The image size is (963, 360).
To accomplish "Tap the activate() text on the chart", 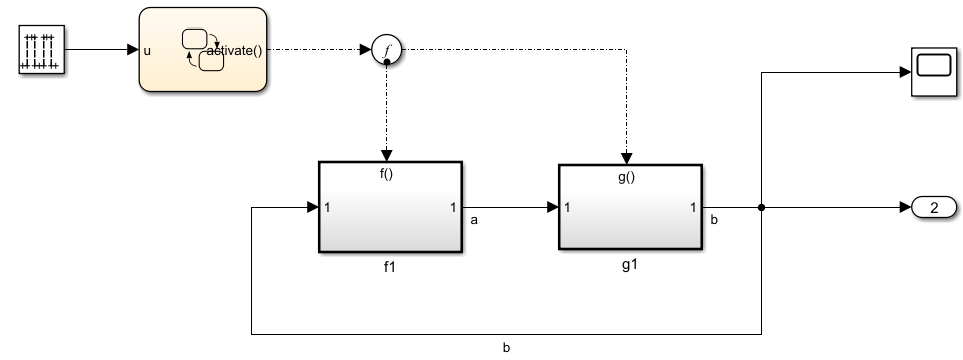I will pos(236,51).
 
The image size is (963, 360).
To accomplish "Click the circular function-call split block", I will pos(386,50).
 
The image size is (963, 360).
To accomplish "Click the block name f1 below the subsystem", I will pos(389,268).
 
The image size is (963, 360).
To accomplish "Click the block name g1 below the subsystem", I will pos(629,268).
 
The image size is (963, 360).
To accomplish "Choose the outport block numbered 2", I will pos(933,208).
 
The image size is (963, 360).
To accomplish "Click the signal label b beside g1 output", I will pos(714,218).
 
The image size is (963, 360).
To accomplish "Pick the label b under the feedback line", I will pos(506,349).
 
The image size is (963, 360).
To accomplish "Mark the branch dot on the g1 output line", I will pos(762,208).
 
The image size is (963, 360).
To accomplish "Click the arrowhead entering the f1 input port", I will pos(311,208).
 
